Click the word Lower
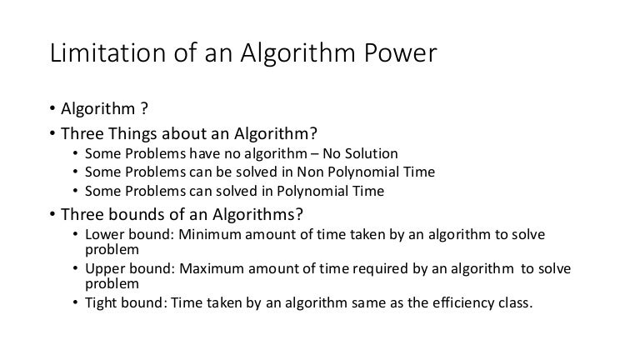[103, 235]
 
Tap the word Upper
[103, 269]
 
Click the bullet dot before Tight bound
[76, 303]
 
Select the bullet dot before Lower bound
[76, 236]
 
